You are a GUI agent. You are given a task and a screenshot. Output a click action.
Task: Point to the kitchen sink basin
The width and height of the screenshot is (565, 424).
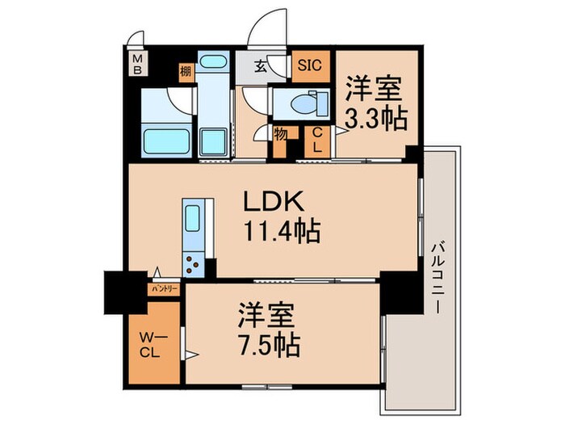coord(194,219)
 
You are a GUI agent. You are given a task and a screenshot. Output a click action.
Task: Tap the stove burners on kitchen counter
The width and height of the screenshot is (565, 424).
coord(195,261)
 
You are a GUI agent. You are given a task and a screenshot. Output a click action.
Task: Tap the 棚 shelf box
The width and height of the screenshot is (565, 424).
coord(185,69)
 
